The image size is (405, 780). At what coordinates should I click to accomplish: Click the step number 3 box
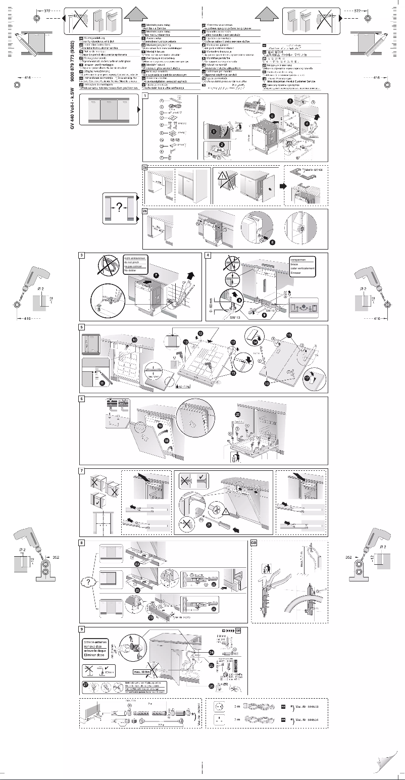pos(82,256)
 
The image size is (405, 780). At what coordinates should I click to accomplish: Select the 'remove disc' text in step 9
pos(95,646)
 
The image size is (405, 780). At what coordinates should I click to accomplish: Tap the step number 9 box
pos(82,629)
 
